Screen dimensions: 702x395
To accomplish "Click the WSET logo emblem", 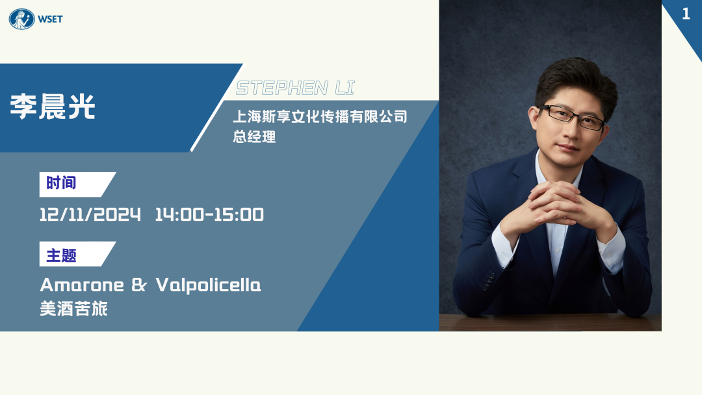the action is (x=21, y=19).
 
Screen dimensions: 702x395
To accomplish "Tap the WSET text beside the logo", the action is (x=50, y=19).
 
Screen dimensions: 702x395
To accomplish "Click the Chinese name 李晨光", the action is (x=53, y=107).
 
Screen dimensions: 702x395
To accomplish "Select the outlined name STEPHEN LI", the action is (x=296, y=88).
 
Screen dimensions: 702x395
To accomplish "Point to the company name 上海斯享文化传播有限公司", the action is (x=320, y=117).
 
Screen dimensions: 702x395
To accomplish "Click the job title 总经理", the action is (x=254, y=136).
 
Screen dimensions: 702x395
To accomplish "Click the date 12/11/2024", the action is (x=90, y=215).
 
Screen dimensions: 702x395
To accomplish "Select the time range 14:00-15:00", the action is (x=209, y=215).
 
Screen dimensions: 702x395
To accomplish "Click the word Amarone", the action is (x=82, y=285).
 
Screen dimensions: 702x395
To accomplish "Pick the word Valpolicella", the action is (x=208, y=285).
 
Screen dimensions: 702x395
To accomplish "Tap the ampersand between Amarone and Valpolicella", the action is (x=139, y=285).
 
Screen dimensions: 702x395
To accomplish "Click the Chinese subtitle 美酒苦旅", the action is (x=74, y=309).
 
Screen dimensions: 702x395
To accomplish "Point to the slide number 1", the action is (x=686, y=14).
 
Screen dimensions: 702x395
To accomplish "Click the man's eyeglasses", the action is (x=572, y=117).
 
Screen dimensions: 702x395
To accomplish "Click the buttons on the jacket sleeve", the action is (x=487, y=281).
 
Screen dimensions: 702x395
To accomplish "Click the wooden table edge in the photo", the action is (x=551, y=322).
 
